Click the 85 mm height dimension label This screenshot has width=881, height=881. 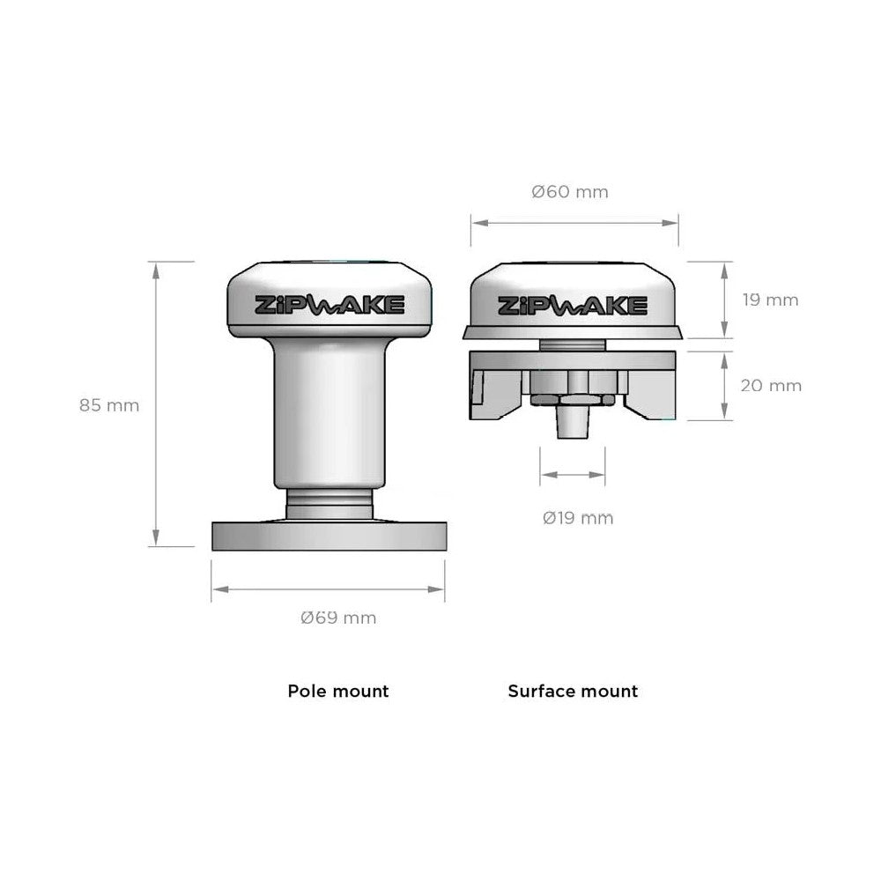coord(109,405)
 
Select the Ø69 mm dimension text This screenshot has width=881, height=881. coord(338,618)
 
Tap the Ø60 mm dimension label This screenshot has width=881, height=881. coord(570,191)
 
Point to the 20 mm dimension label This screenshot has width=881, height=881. coord(771,386)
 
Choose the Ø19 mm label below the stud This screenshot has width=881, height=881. coord(578,517)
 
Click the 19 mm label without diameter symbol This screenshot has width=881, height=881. coord(770,300)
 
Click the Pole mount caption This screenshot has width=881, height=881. coord(338,691)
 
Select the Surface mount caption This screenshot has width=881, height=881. coord(573,691)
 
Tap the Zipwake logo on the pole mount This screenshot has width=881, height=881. coord(329,305)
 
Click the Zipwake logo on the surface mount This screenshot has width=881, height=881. coord(573,306)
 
